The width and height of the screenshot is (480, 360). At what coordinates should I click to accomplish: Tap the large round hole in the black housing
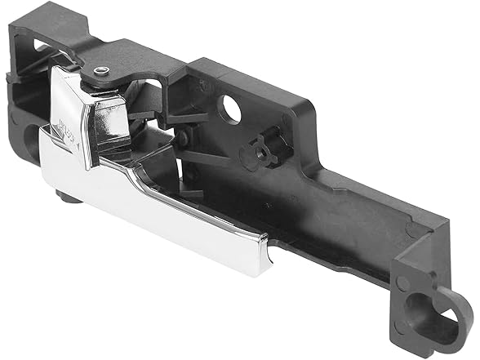coord(231,109)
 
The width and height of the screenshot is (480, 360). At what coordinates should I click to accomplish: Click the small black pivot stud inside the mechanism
coord(180,140)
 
